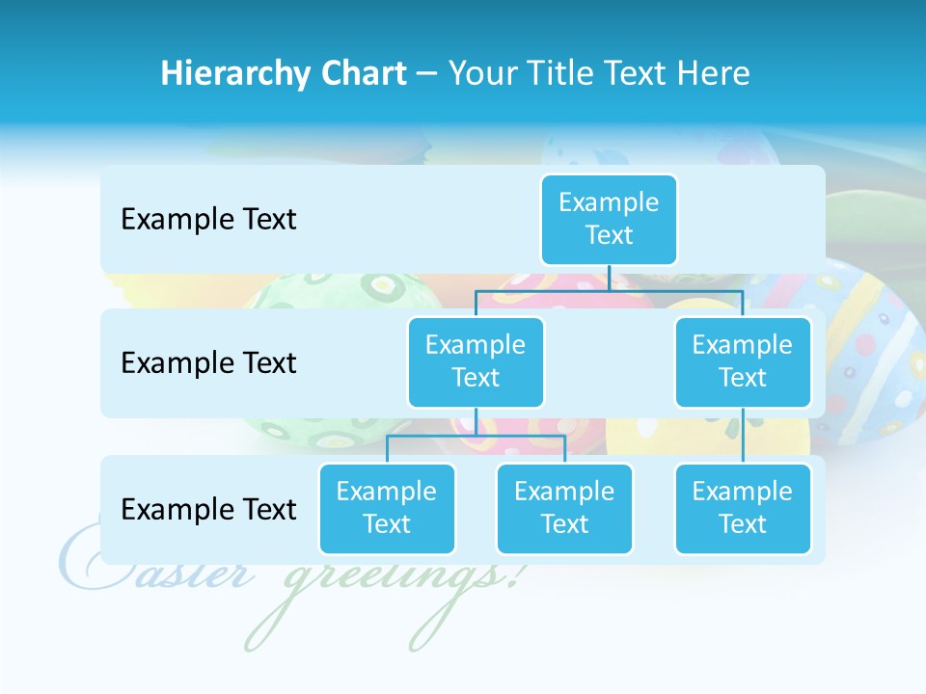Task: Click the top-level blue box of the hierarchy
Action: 609,219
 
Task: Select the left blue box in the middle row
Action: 476,361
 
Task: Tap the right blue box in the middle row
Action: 743,361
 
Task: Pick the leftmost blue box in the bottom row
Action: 387,508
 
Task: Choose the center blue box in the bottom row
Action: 564,508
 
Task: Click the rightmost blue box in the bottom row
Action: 743,508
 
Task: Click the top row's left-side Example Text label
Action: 208,220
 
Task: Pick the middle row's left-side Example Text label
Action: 208,363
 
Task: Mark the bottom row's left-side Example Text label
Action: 208,509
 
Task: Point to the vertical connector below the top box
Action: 609,278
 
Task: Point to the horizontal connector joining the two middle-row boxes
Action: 609,290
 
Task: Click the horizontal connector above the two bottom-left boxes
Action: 476,436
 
